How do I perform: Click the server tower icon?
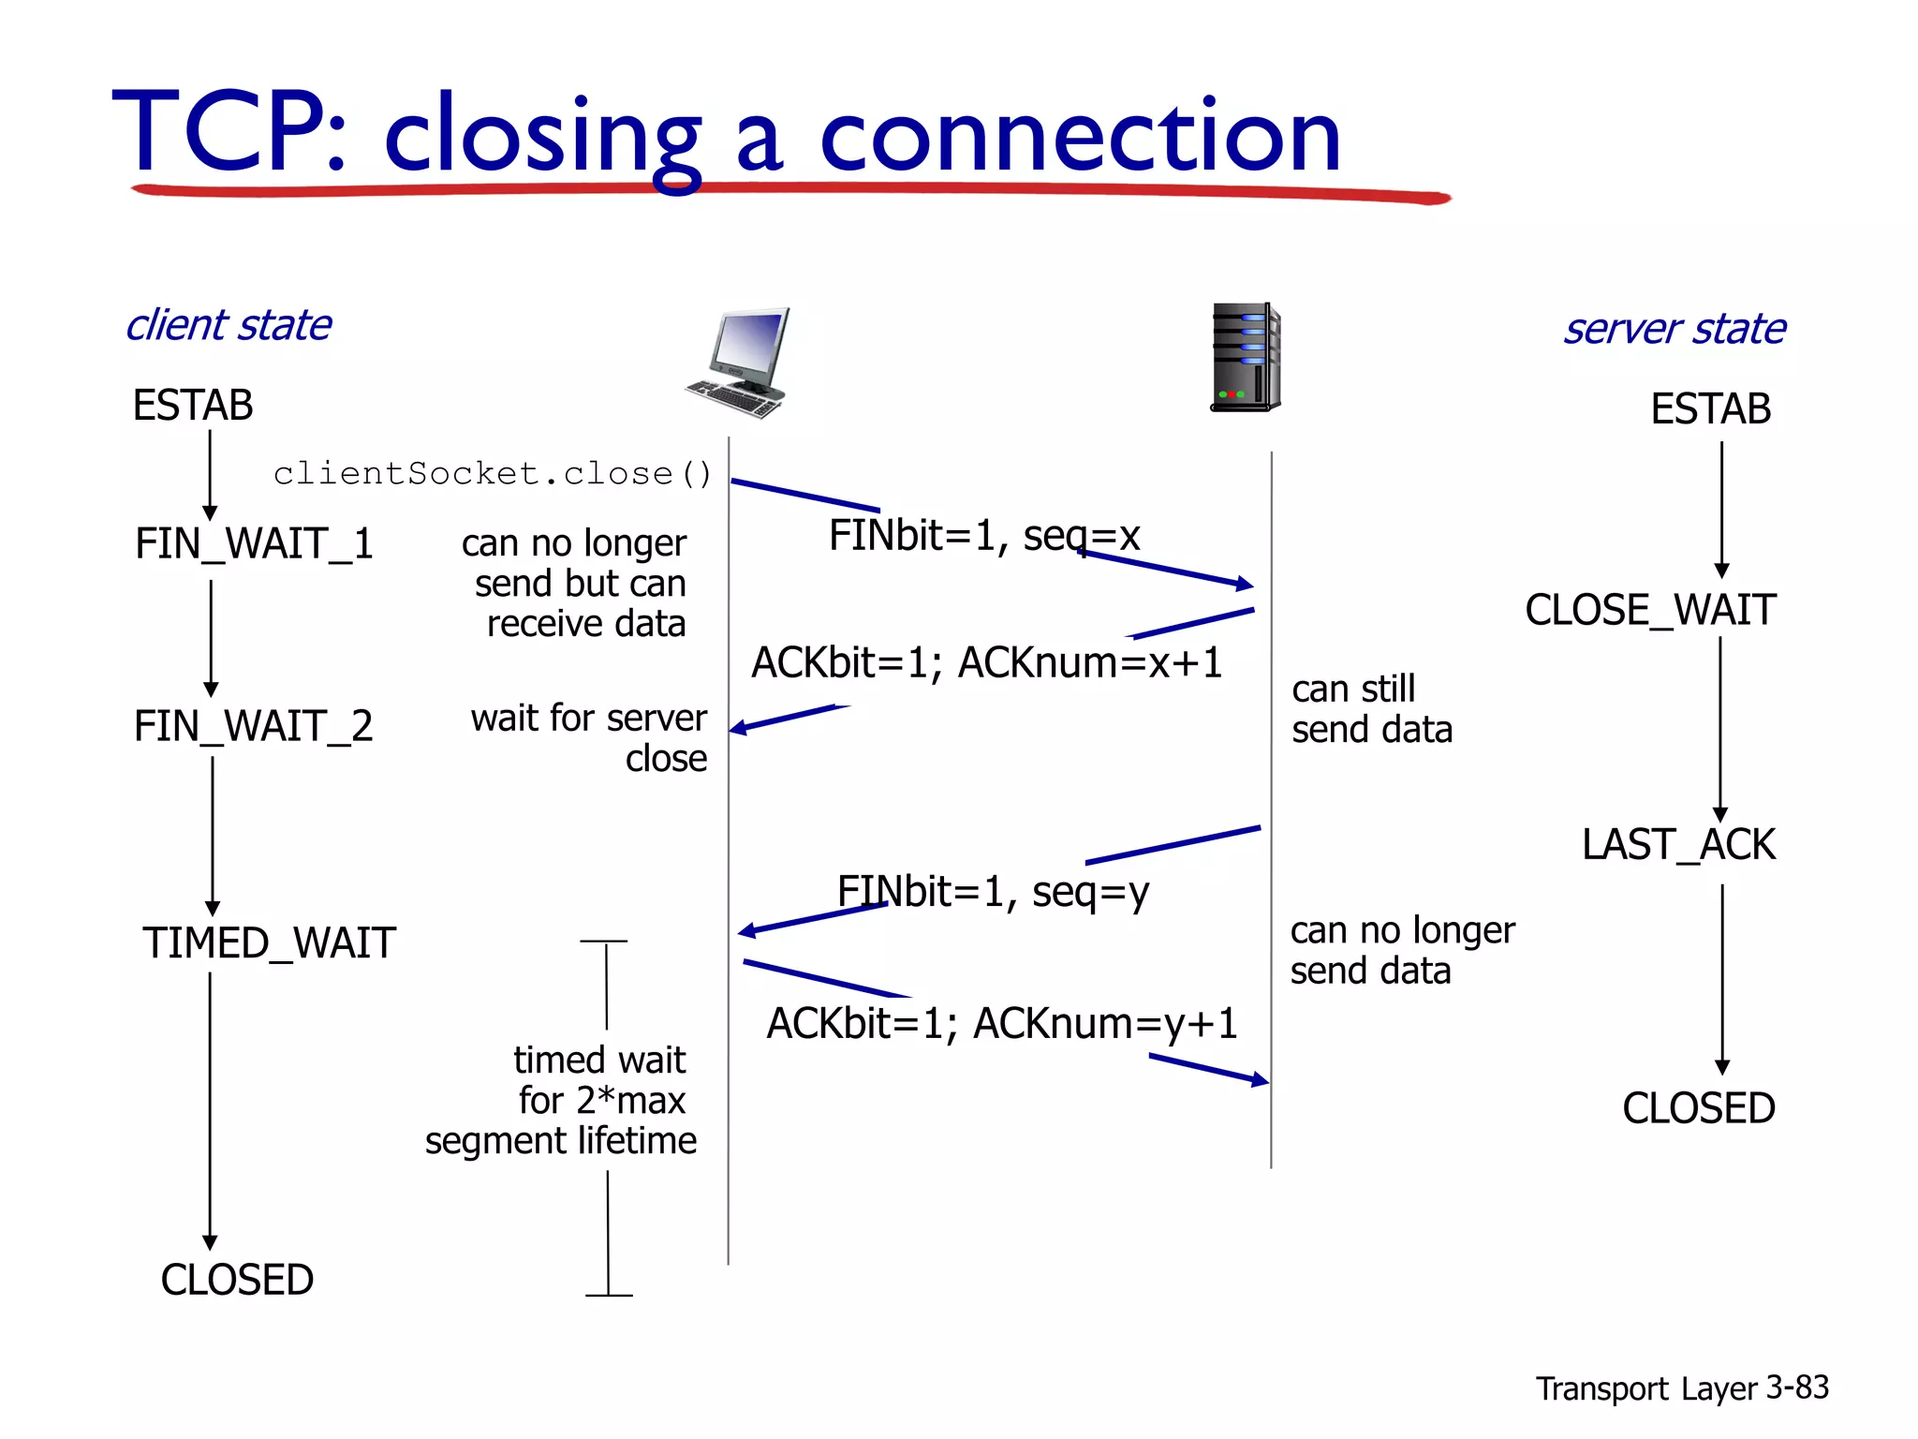pos(1245,357)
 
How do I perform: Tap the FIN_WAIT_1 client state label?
pos(254,544)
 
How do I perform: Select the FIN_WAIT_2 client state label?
pos(253,727)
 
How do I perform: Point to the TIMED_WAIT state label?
pos(269,943)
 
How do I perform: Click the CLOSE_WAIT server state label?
pos(1649,611)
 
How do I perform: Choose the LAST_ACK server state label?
pos(1677,845)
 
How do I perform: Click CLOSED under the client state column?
pos(237,1280)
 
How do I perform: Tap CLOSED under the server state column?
pos(1698,1109)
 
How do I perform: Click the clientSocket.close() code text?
pos(493,474)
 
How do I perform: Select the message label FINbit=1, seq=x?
pos(984,537)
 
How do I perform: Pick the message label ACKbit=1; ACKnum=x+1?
pos(986,663)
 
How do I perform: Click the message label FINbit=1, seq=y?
pos(993,892)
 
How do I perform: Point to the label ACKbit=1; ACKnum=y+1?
pos(1001,1024)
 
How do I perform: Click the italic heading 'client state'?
pos(229,326)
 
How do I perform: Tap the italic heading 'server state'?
pos(1675,330)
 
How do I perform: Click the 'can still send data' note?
pos(1371,709)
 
